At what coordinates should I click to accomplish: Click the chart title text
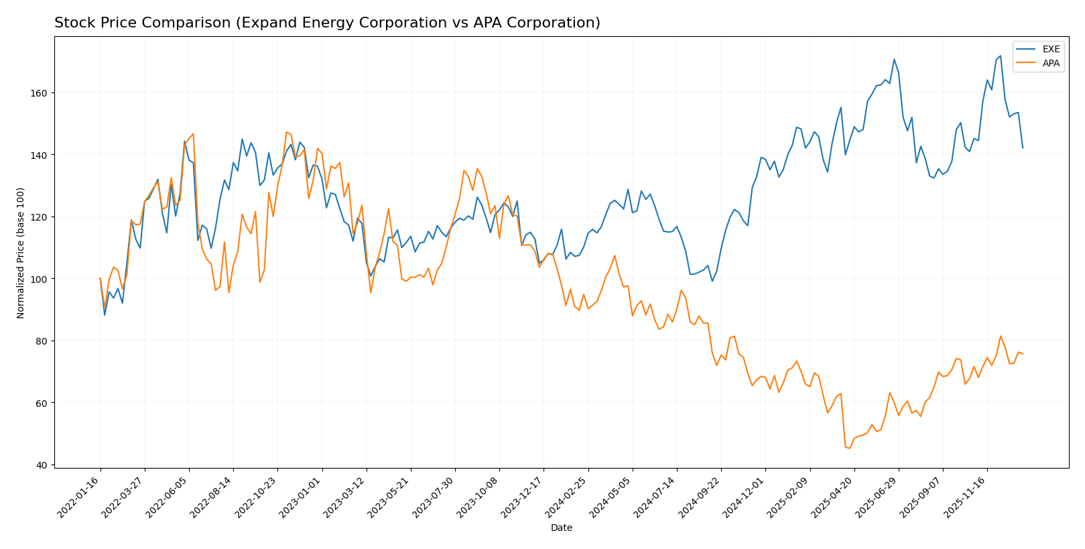click(x=327, y=23)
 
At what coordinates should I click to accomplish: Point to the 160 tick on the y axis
click(x=44, y=93)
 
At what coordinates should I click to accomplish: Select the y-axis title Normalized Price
click(x=21, y=253)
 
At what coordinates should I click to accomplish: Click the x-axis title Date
click(x=561, y=528)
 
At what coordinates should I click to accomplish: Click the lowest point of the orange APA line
click(x=850, y=448)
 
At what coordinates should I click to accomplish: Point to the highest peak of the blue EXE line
click(x=1000, y=56)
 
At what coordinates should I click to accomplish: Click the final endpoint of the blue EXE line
click(x=1023, y=147)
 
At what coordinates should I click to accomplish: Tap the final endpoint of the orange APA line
click(x=1023, y=354)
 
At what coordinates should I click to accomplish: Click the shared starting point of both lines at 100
click(x=101, y=278)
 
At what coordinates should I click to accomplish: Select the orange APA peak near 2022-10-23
click(x=286, y=132)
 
